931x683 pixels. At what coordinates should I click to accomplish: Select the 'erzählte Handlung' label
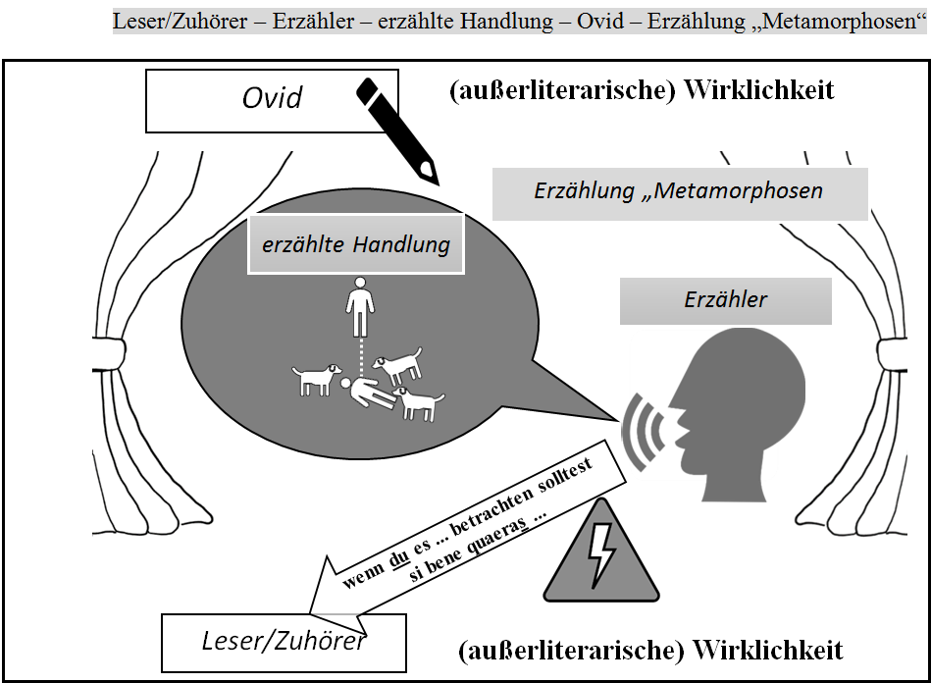pos(355,243)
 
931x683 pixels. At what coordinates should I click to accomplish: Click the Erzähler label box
pos(725,300)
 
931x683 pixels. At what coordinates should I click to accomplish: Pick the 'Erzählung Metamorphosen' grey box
pos(679,192)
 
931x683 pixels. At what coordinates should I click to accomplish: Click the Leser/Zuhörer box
pos(283,642)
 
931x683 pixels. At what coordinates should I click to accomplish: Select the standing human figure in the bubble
pos(360,306)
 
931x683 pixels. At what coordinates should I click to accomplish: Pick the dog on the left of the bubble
pos(316,378)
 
